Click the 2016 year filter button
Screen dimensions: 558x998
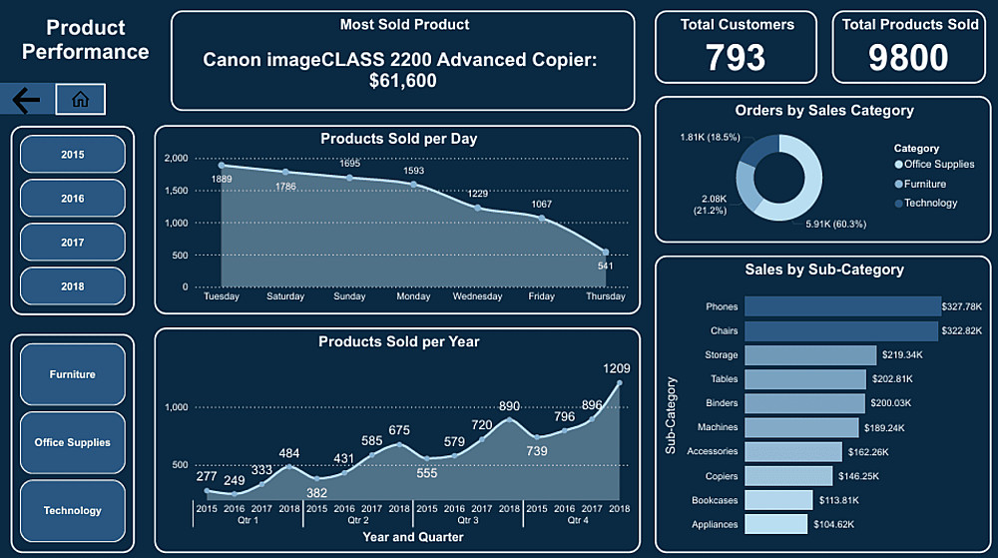(73, 199)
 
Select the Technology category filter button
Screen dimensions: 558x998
(73, 511)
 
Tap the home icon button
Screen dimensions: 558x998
(81, 99)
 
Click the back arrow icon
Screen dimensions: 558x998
(27, 99)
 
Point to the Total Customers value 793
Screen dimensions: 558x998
(737, 58)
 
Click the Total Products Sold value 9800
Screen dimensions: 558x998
(908, 58)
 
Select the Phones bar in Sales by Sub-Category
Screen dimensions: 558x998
(842, 306)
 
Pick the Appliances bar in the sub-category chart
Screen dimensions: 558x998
(775, 524)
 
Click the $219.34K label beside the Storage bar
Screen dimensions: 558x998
(902, 355)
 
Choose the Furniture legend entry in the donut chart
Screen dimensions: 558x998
(924, 184)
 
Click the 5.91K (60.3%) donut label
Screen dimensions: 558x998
(836, 224)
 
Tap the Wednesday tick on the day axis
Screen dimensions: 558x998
(477, 296)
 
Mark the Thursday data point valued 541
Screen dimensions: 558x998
(606, 252)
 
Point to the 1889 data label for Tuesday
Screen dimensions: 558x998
(222, 179)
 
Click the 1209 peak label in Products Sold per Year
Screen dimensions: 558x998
(617, 368)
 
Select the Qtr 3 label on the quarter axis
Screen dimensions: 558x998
(467, 520)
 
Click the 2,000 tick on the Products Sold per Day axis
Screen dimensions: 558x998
(175, 159)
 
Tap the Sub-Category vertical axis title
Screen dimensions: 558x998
(671, 414)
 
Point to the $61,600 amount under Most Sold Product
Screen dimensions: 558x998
(402, 82)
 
